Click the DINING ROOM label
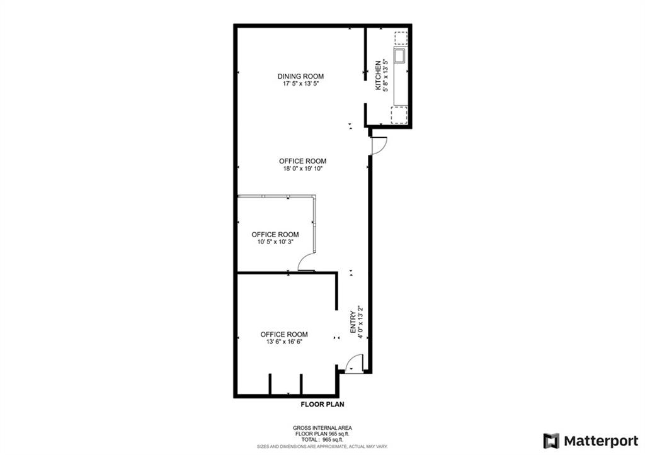pyautogui.click(x=300, y=76)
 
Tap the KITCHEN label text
pyautogui.click(x=378, y=76)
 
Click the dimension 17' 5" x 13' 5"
pyautogui.click(x=300, y=84)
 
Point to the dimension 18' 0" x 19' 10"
pyautogui.click(x=302, y=169)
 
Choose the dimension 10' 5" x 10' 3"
pyautogui.click(x=275, y=242)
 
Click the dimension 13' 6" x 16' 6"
pyautogui.click(x=284, y=342)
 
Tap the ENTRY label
pyautogui.click(x=353, y=322)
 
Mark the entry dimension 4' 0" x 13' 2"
pyautogui.click(x=360, y=322)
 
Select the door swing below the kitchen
pyautogui.click(x=379, y=146)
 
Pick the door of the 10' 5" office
pyautogui.click(x=306, y=262)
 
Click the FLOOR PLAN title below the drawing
pyautogui.click(x=322, y=405)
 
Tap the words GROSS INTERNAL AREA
pyautogui.click(x=322, y=429)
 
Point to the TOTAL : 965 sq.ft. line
pyautogui.click(x=322, y=439)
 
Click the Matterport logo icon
pyautogui.click(x=551, y=441)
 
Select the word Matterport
pyautogui.click(x=601, y=441)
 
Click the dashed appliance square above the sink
pyautogui.click(x=401, y=38)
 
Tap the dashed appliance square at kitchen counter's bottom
pyautogui.click(x=399, y=115)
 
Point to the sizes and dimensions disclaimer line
pyautogui.click(x=322, y=446)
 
